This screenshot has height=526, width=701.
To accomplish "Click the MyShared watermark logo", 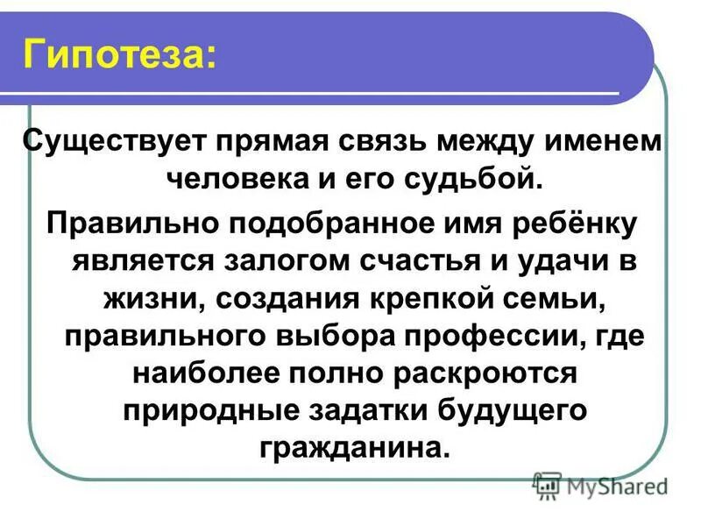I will point(600,485).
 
